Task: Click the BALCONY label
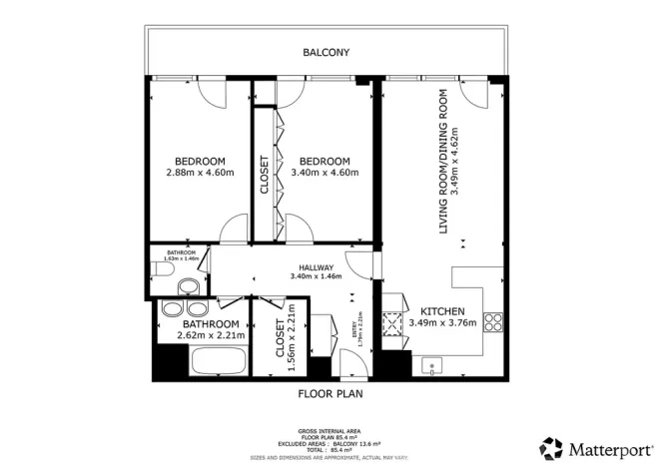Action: click(328, 52)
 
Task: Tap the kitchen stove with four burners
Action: click(491, 321)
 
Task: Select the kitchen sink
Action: click(430, 364)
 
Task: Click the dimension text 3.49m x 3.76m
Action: click(443, 323)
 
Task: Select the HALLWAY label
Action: click(316, 267)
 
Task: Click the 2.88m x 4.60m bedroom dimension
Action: click(200, 173)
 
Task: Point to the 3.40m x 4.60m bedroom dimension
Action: click(325, 173)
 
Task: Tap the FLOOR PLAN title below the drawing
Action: click(330, 393)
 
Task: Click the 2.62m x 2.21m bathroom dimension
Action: click(210, 336)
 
